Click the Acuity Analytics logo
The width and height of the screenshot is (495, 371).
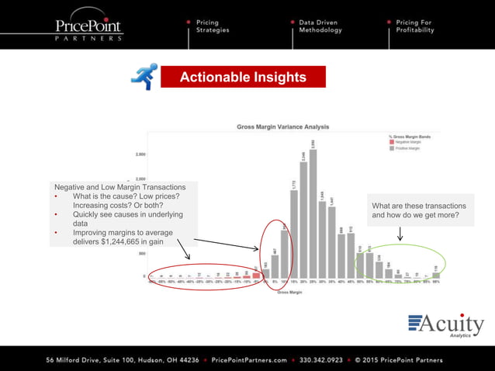coord(445,326)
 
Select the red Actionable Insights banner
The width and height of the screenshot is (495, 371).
coord(243,77)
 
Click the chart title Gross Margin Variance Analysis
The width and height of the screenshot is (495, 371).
coord(283,126)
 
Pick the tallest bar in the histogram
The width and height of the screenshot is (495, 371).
coord(313,212)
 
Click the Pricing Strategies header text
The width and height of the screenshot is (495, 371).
coord(213,26)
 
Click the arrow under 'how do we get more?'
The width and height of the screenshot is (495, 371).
coord(400,234)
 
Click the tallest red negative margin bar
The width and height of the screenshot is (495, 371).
coord(256,273)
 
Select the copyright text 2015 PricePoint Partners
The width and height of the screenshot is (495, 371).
coord(400,360)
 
